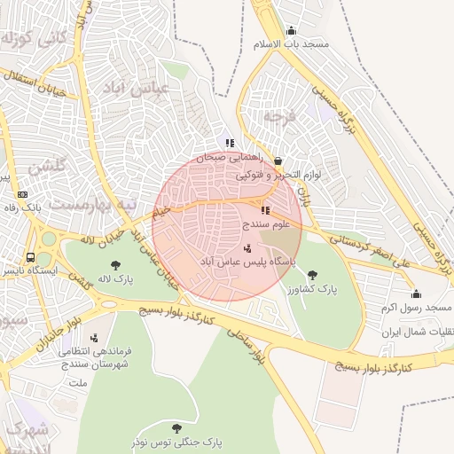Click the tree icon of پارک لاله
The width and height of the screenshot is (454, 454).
pyautogui.click(x=115, y=264)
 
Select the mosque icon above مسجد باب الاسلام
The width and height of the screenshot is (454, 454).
pyautogui.click(x=292, y=31)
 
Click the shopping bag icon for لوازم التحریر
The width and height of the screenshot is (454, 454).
pyautogui.click(x=278, y=161)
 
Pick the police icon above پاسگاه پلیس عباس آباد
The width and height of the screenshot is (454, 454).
pyautogui.click(x=247, y=248)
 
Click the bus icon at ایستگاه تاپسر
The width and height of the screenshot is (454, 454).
pyautogui.click(x=31, y=257)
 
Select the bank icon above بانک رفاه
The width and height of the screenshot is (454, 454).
pyautogui.click(x=22, y=194)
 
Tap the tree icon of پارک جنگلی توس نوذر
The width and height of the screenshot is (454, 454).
pyautogui.click(x=176, y=427)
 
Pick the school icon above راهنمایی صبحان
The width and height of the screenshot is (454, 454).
pyautogui.click(x=230, y=143)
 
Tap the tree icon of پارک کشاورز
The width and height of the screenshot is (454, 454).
pyautogui.click(x=311, y=275)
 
